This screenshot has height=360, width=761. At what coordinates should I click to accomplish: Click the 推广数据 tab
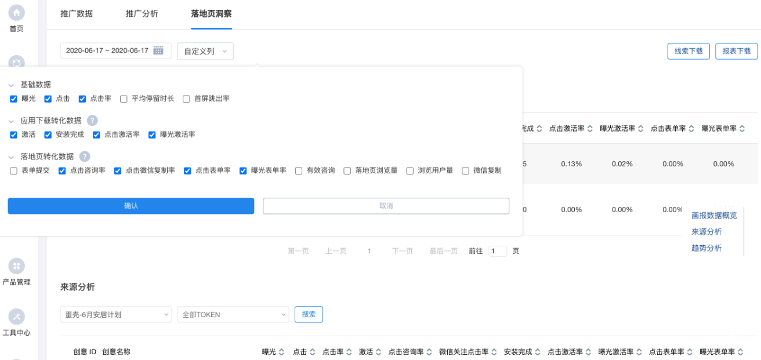point(77,13)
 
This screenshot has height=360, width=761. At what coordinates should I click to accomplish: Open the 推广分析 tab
point(142,13)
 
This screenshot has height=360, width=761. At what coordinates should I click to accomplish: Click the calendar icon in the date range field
point(158,50)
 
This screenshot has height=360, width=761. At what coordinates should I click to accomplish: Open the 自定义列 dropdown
point(205,51)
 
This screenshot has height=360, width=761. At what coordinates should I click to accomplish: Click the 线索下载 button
point(688,51)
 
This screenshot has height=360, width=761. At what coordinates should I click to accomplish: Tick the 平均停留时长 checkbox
point(124,99)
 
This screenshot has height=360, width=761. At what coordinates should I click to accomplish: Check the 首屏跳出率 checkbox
point(187,99)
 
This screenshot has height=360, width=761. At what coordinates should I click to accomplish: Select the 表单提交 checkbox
point(14,171)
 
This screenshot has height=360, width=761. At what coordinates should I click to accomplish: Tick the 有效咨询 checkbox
point(299,171)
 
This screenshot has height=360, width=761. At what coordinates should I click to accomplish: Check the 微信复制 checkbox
point(465,171)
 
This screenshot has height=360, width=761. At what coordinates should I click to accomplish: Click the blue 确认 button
point(131,206)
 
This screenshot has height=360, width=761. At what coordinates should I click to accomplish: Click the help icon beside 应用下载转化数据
point(92,121)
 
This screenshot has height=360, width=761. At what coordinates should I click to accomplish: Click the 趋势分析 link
point(706,248)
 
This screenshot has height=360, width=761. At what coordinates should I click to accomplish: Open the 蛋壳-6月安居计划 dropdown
point(116,315)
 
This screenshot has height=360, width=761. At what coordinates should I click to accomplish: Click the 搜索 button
point(309,314)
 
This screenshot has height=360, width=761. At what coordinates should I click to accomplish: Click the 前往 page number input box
point(497,252)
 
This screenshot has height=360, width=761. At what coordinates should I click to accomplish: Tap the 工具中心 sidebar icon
point(17,317)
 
